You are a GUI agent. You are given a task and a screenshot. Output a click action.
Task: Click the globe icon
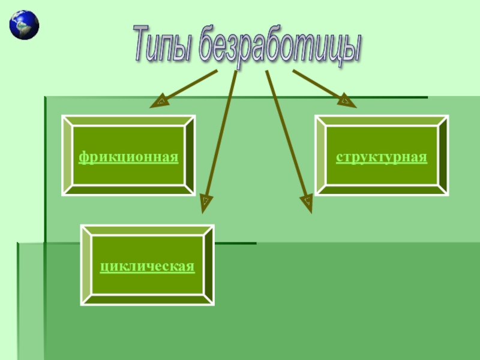24,25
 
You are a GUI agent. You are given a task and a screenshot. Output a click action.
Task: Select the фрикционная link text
129,157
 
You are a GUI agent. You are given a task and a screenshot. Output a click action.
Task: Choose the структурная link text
382,157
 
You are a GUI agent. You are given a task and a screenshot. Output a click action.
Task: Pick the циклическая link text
148,265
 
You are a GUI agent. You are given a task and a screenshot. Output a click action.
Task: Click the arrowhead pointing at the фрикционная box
159,102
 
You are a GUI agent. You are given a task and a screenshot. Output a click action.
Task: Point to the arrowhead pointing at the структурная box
347,102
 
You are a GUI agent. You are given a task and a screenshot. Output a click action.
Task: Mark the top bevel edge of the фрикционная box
128,121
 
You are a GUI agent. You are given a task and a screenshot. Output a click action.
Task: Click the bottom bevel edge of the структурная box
382,190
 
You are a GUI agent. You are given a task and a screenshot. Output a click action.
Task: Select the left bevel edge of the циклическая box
86,265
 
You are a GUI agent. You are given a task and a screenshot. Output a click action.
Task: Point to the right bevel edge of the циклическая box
209,265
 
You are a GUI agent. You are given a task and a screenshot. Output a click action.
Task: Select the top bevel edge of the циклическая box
148,230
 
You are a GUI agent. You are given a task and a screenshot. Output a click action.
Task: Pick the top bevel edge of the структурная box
382,121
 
